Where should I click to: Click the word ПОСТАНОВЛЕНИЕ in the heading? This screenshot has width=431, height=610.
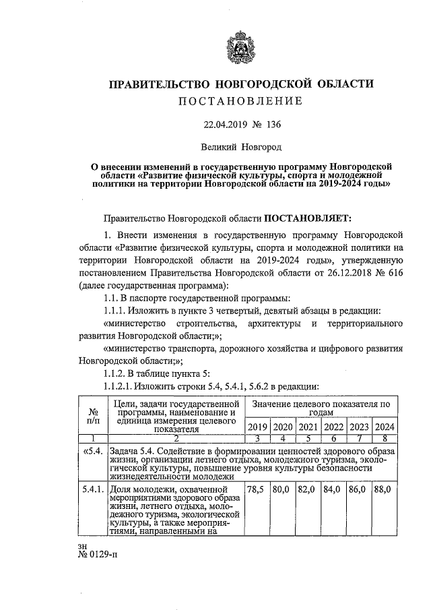tap(240, 101)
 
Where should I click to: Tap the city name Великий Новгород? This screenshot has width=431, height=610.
tap(242, 146)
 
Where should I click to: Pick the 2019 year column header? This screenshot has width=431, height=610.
tap(258, 427)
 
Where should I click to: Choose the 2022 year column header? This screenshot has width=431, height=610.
tap(333, 427)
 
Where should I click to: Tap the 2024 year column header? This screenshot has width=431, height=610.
tap(384, 427)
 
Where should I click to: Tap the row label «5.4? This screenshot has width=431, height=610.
tap(92, 451)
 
